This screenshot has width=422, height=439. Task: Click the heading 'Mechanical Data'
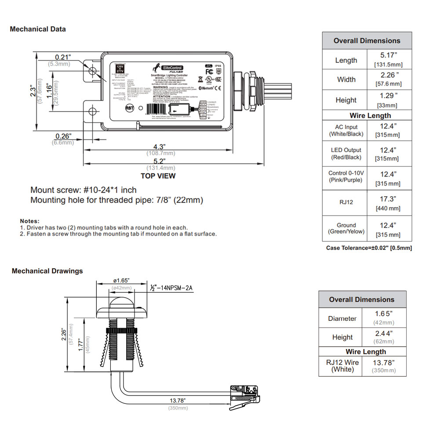38,29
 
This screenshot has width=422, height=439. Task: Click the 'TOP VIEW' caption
158,176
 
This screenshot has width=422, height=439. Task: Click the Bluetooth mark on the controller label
207,88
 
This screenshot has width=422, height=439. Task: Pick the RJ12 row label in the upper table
346,202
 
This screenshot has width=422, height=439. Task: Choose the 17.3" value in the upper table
388,199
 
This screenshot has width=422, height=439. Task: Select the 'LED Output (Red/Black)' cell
346,153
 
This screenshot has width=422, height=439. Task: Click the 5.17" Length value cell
388,55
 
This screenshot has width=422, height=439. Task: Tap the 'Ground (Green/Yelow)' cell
346,228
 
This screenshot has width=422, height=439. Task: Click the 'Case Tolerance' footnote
369,248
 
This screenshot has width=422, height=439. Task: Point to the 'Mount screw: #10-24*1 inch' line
84,190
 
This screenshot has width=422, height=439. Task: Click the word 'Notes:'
29,221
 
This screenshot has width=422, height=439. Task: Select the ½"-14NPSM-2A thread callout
172,288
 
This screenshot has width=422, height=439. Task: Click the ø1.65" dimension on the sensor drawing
121,281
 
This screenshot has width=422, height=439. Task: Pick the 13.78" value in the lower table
384,362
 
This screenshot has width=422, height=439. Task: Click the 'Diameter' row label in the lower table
342,318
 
